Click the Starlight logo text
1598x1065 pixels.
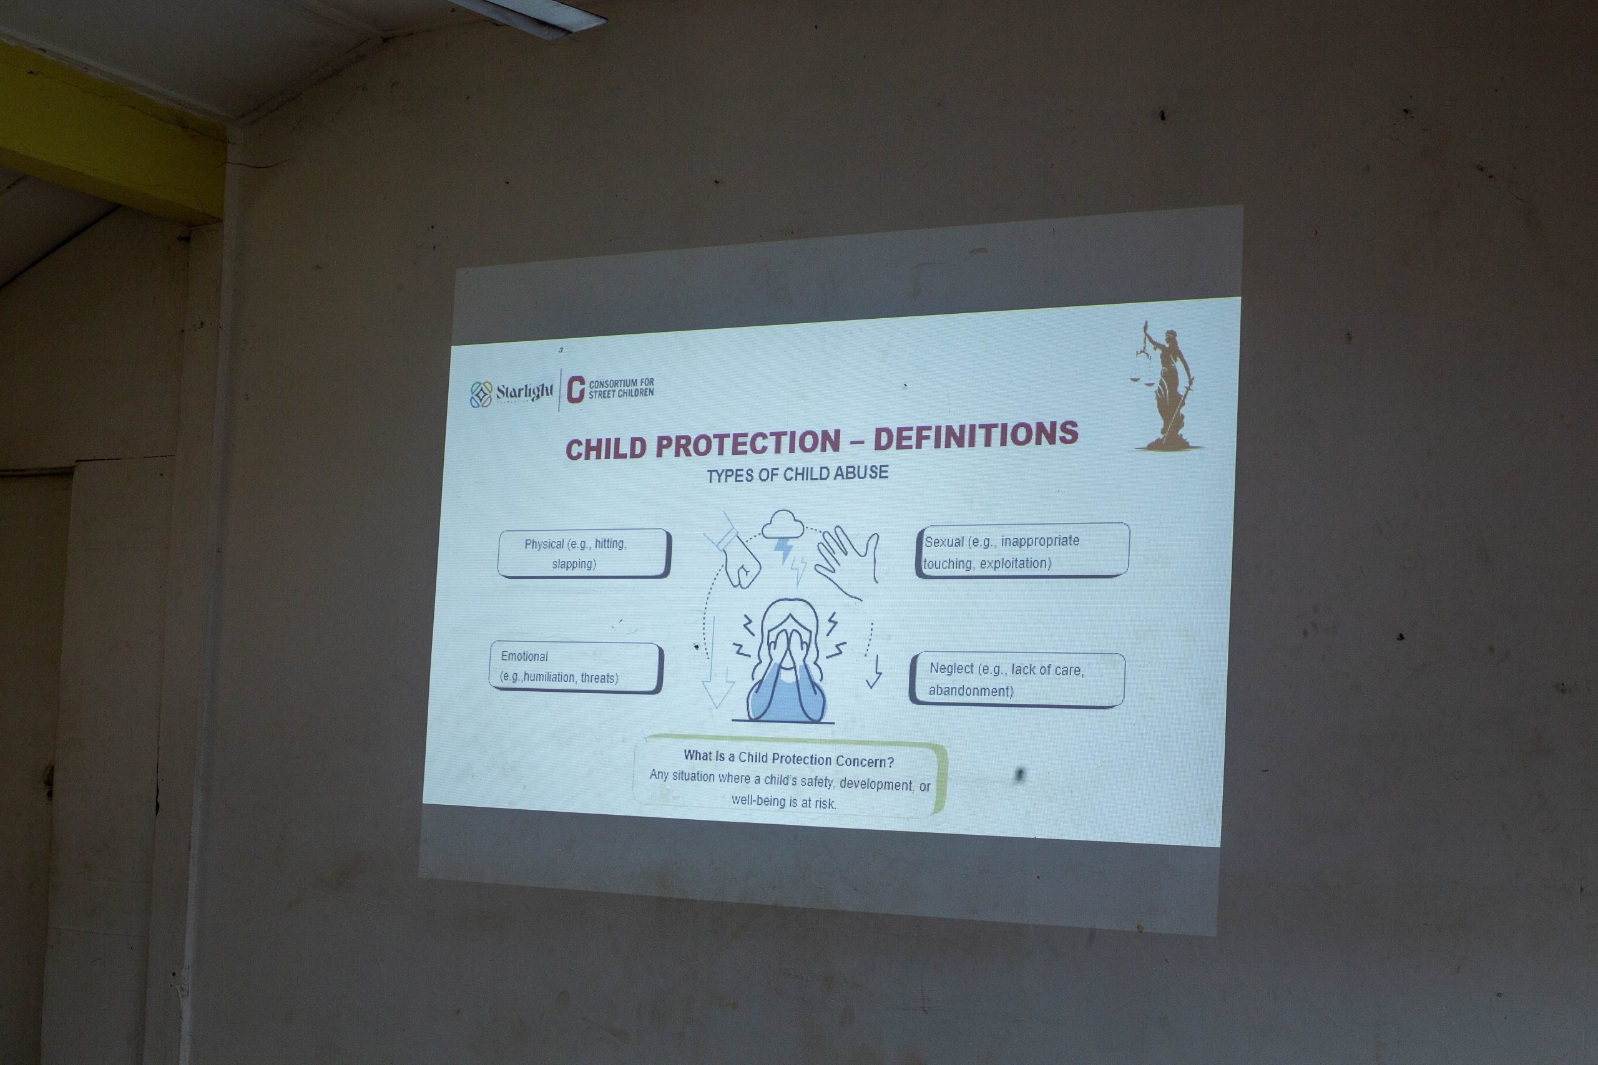pos(524,392)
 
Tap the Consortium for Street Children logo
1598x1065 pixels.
pos(610,389)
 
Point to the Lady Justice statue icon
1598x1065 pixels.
pos(1166,386)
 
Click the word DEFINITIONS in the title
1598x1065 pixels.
pos(976,435)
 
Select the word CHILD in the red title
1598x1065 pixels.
pos(606,449)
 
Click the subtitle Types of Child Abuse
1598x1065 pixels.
pos(797,474)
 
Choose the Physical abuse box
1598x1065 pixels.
pos(584,553)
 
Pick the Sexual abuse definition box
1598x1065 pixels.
pos(1022,551)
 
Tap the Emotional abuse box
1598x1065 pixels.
pos(576,667)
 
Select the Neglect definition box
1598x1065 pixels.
pos(1016,679)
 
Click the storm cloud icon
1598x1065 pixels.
pos(783,523)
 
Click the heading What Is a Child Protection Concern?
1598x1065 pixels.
pos(789,758)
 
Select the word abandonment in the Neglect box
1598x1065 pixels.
pos(970,691)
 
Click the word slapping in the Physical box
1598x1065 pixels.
pos(574,564)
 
